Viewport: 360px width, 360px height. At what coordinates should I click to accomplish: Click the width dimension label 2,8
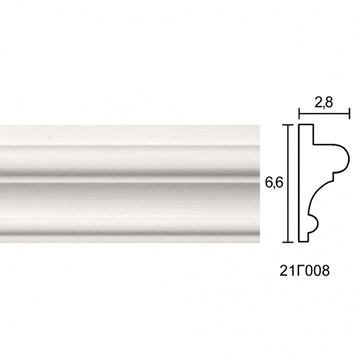[323, 103]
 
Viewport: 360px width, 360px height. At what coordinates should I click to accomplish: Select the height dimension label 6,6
[274, 183]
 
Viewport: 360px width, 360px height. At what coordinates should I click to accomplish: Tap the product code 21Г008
[304, 271]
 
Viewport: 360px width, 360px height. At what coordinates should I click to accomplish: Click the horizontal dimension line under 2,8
[324, 113]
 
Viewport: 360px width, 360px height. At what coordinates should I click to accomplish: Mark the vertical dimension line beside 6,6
[288, 183]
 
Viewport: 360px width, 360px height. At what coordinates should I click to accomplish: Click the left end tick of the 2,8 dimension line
[299, 113]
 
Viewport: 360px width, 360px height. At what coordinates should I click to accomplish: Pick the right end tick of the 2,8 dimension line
[349, 113]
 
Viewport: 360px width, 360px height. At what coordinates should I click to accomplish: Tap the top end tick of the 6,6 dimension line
[288, 125]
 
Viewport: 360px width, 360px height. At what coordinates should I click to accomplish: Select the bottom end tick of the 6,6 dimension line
[288, 242]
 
